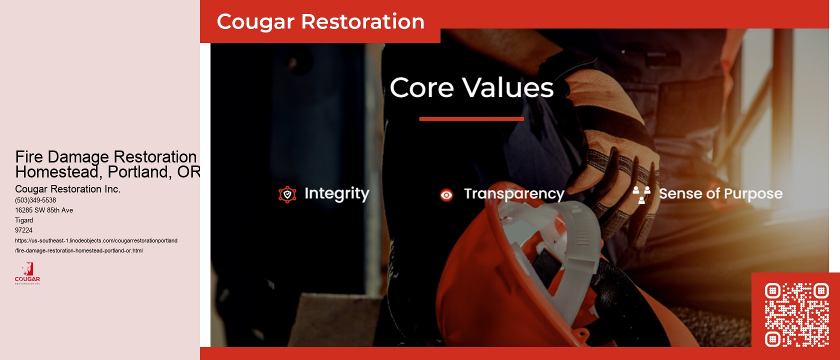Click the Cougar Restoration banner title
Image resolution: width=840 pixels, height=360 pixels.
320,22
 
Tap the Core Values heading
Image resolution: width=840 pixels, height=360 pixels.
471,88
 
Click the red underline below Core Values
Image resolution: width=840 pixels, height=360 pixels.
471,119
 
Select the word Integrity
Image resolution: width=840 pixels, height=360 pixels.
336,193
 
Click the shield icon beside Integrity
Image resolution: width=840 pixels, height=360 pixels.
287,194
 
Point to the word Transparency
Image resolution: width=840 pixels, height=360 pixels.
514,194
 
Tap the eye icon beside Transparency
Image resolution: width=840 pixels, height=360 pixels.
446,195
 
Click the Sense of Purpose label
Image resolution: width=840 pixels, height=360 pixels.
720,193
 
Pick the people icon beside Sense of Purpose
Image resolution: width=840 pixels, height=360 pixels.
641,194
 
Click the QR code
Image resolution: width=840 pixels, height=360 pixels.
796,315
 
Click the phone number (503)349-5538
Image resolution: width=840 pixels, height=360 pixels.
35,200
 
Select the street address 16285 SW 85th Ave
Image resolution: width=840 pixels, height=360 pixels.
44,210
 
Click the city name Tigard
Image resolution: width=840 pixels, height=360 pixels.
24,220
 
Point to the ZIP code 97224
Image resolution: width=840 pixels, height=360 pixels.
23,230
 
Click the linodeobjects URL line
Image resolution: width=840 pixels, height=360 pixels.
96,240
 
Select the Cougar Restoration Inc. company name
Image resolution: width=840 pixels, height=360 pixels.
67,189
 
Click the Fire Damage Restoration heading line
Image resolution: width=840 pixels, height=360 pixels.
106,156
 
